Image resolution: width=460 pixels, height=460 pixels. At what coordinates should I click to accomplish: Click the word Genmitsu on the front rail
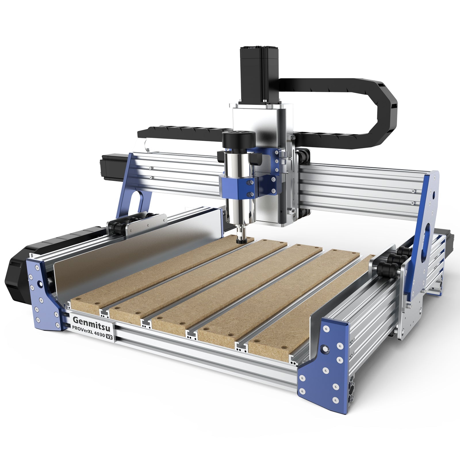(x=89, y=320)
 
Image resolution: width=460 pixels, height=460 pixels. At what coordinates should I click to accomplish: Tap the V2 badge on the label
(x=109, y=336)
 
